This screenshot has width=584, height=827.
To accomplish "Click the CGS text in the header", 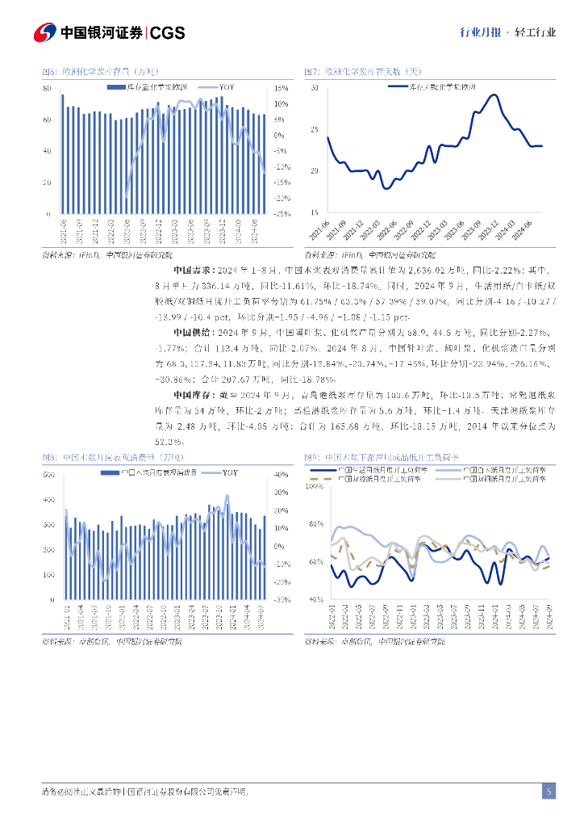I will (x=168, y=32).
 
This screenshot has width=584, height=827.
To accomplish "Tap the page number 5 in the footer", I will (x=549, y=791).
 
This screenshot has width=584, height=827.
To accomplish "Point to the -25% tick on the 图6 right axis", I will (x=282, y=214).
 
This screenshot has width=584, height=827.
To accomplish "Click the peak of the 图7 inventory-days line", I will (x=493, y=94).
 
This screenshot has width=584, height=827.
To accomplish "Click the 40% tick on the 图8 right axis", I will (x=282, y=474).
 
